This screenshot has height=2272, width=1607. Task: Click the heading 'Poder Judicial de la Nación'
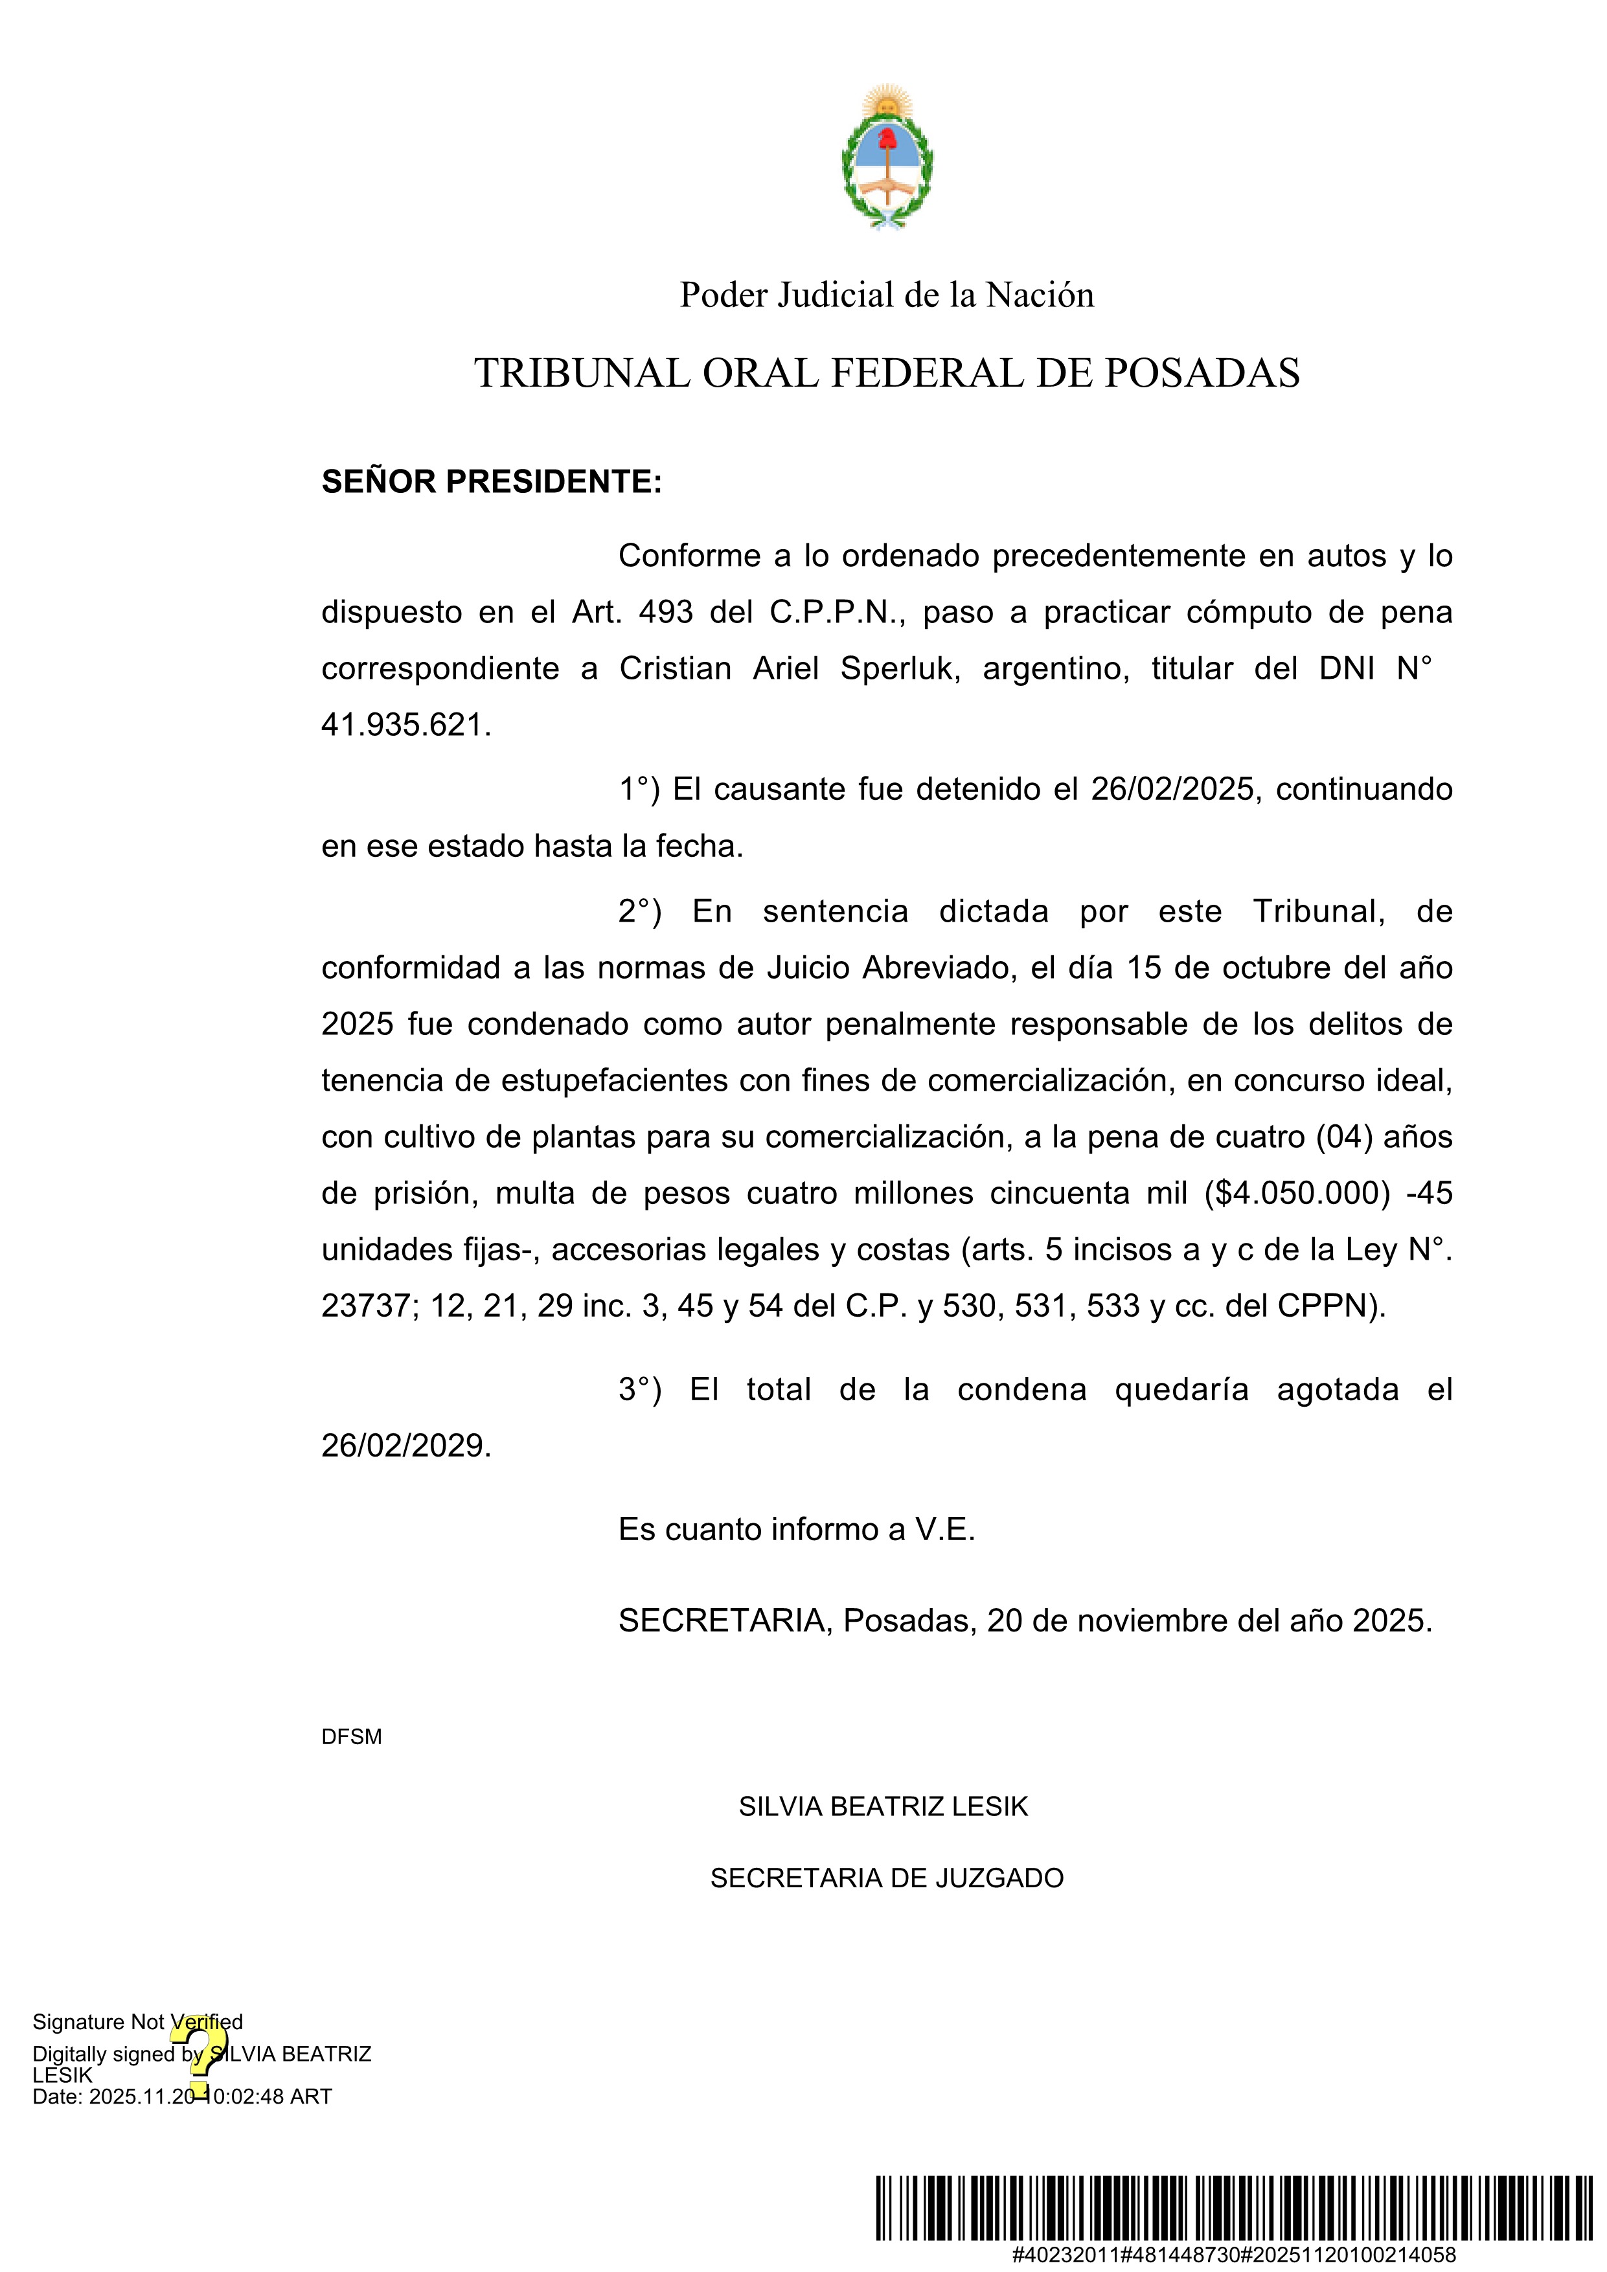pyautogui.click(x=887, y=295)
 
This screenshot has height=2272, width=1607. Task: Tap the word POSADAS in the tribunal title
pyautogui.click(x=1202, y=373)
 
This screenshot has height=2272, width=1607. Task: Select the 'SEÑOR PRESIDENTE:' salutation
pyautogui.click(x=492, y=482)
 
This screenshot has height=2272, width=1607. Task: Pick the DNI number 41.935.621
pyautogui.click(x=405, y=725)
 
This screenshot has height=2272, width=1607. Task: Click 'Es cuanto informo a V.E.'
pyautogui.click(x=797, y=1530)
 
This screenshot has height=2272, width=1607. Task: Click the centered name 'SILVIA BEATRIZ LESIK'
pyautogui.click(x=883, y=1807)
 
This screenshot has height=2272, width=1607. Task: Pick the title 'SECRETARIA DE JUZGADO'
pyautogui.click(x=887, y=1878)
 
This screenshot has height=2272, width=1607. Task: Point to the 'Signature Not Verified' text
pyautogui.click(x=137, y=2021)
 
